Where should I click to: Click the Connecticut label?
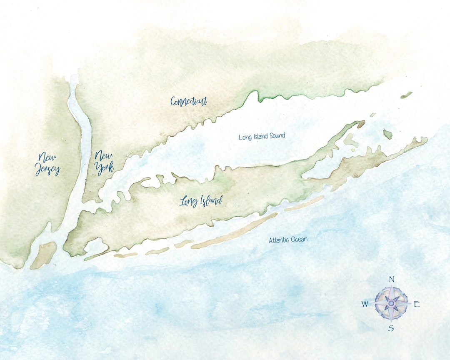pyautogui.click(x=189, y=101)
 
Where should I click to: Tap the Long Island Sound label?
pyautogui.click(x=262, y=136)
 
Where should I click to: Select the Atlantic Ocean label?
pyautogui.click(x=288, y=240)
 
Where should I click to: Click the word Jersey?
pyautogui.click(x=48, y=170)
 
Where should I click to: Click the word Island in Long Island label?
pyautogui.click(x=210, y=201)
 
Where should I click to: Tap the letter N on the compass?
pyautogui.click(x=391, y=279)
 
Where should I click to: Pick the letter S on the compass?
pyautogui.click(x=391, y=328)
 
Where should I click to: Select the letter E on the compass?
pyautogui.click(x=416, y=304)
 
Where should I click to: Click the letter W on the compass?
pyautogui.click(x=365, y=304)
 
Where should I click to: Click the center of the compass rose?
pyautogui.click(x=391, y=303)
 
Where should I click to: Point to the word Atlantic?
pyautogui.click(x=278, y=240)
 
